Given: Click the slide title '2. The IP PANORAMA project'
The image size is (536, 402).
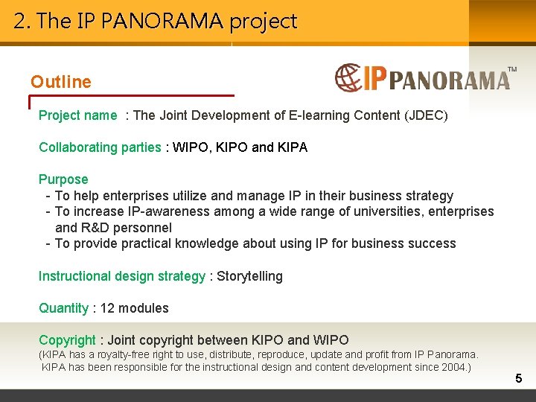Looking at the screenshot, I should (156, 21).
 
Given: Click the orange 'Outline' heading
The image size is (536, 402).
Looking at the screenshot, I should (61, 82).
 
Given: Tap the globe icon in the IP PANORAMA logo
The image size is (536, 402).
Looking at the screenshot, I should (348, 77).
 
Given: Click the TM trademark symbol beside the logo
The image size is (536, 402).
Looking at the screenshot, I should (511, 69).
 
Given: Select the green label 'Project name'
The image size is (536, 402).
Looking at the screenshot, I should (77, 115).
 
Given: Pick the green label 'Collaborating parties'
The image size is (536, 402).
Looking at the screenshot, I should (100, 147).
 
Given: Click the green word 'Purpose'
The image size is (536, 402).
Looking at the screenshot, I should (63, 179).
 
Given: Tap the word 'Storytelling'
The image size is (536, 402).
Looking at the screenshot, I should (249, 276).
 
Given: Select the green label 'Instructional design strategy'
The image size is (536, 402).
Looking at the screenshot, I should (121, 276).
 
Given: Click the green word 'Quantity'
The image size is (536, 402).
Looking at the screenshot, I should (63, 308).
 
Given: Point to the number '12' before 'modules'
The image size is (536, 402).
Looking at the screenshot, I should (106, 308).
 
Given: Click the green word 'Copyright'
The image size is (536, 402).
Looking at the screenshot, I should (67, 340).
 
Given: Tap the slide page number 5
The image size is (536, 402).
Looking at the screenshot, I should (518, 379).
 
